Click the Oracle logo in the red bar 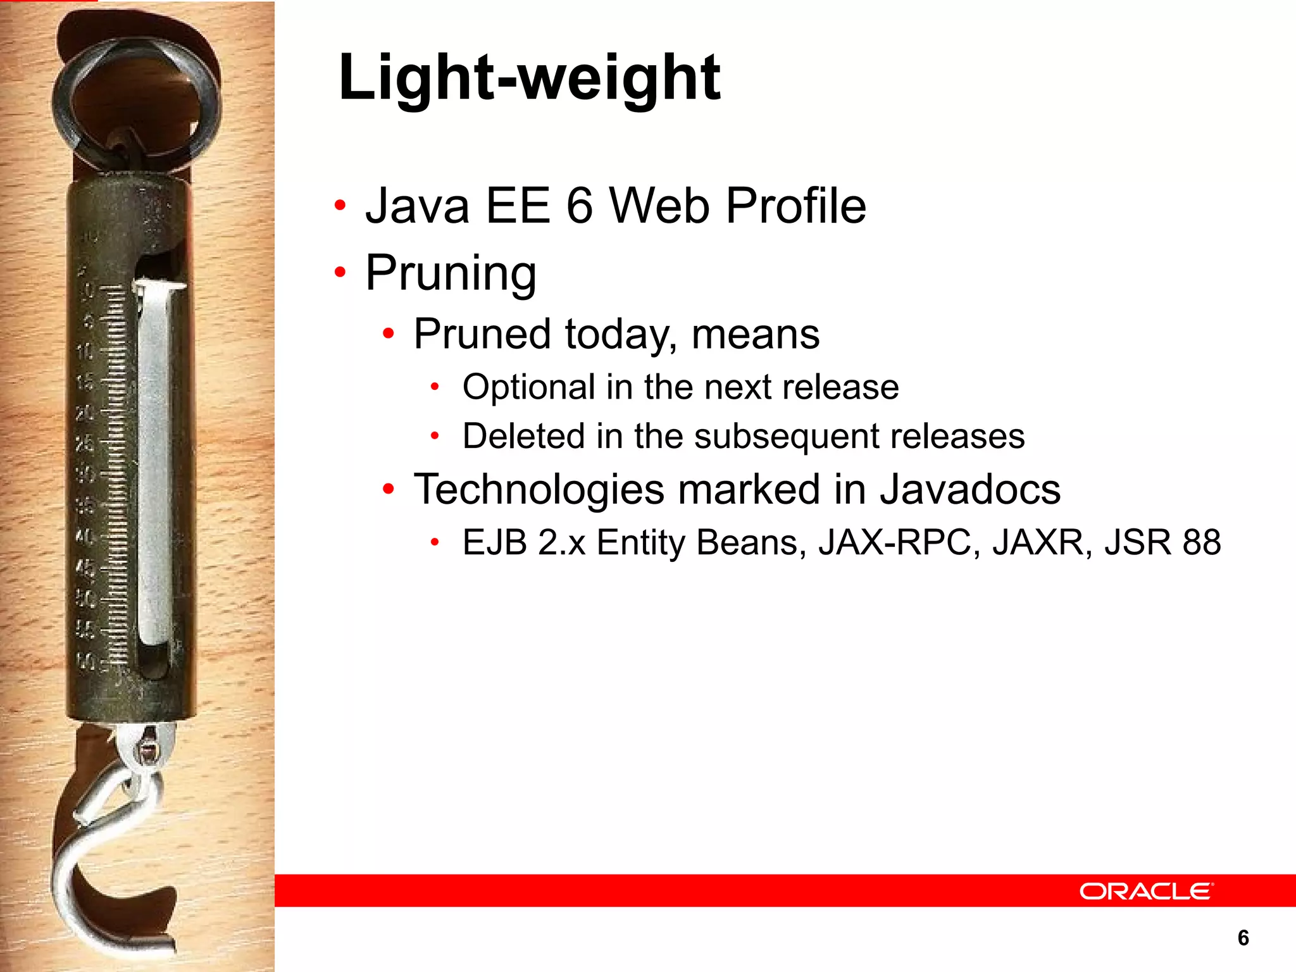coord(1146,891)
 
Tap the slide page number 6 coord(1243,937)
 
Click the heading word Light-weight coord(529,78)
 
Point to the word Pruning coord(451,273)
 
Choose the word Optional coord(528,387)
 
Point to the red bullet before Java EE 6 coord(340,205)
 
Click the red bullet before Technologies coord(389,489)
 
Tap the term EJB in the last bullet coord(494,542)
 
